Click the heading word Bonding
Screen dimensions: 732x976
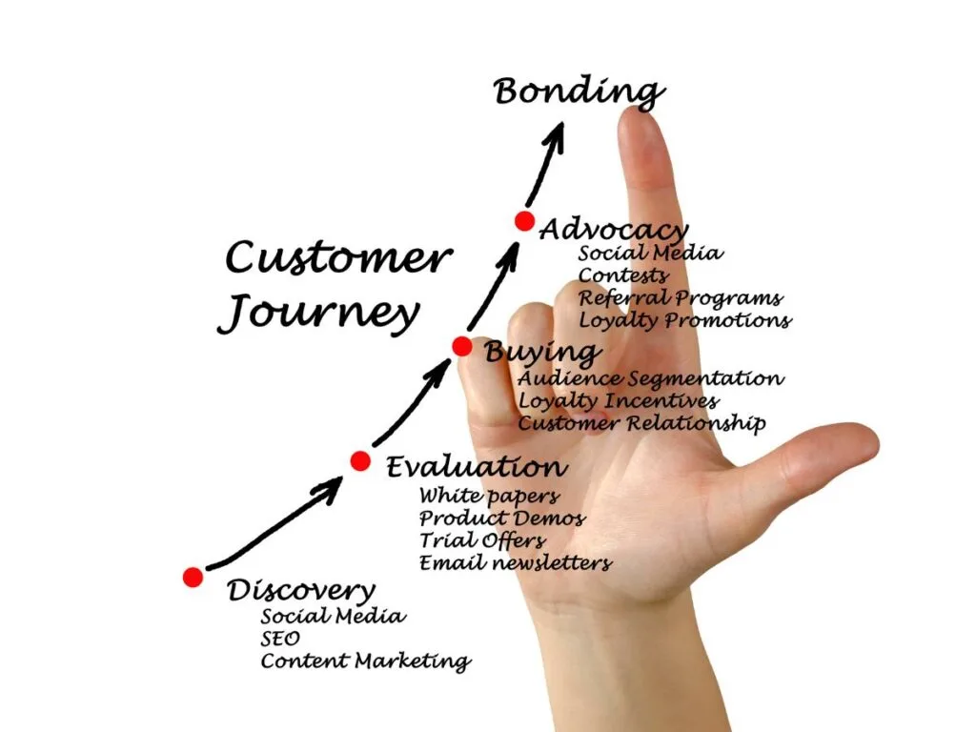pos(578,92)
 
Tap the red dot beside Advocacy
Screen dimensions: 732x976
pos(524,221)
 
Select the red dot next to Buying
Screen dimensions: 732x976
pos(462,346)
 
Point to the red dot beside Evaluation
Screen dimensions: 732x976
pos(360,461)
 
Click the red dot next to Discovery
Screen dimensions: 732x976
pos(193,578)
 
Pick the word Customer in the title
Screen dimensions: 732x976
pos(337,258)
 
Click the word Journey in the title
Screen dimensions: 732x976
pos(319,312)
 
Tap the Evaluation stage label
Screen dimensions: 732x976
pos(476,467)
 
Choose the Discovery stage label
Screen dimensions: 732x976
pos(301,590)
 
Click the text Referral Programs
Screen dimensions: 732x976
pos(681,297)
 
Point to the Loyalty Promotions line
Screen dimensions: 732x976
pos(684,320)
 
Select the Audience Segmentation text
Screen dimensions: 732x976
pos(651,378)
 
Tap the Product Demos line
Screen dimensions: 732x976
pos(502,518)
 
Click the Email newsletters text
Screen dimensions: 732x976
pos(515,562)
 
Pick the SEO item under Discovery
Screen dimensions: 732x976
pos(280,639)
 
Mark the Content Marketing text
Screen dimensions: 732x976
pos(365,661)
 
